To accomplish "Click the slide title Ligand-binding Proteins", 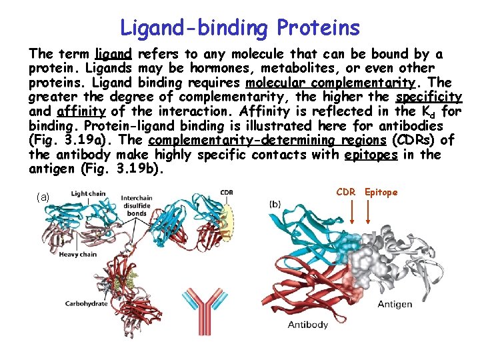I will tap(240, 27).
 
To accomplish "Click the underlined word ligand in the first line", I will tap(113, 54).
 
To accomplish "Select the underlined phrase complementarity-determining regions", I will tap(267, 140).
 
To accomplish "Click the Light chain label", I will tap(89, 194).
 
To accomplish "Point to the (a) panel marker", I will tap(43, 197).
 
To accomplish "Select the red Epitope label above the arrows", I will tap(381, 193).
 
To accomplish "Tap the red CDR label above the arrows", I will tap(345, 193).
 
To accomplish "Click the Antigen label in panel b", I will tap(395, 304).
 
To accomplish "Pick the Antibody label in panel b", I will tap(307, 325).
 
